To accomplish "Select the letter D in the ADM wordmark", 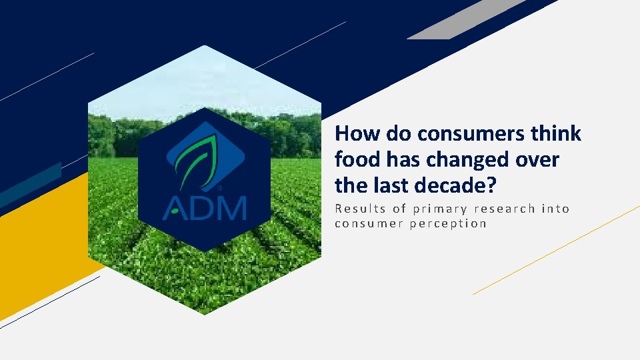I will pos(202,207).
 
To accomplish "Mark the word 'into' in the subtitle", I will pos(555,209).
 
